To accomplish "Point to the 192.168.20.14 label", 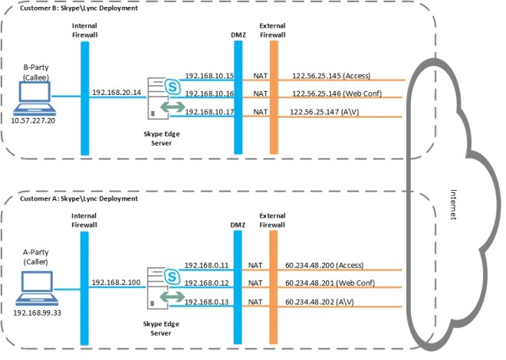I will pyautogui.click(x=117, y=92).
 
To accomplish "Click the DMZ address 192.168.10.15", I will pyautogui.click(x=209, y=76).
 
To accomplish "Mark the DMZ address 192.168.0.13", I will pyautogui.click(x=206, y=301).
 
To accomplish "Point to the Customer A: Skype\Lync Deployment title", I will pyautogui.click(x=67, y=198).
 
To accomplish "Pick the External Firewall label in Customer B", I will pyautogui.click(x=273, y=30).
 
